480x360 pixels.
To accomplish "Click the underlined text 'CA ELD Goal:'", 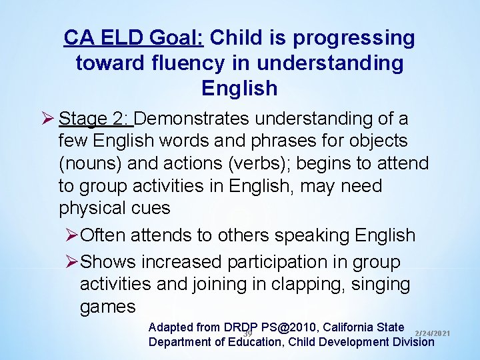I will coord(134,38).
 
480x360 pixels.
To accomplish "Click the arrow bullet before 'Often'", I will coord(71,236).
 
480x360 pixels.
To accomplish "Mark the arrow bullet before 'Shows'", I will coord(71,263).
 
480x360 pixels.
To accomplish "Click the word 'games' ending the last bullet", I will coord(108,307).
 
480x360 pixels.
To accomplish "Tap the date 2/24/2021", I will coord(433,333).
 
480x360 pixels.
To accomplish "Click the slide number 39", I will coord(247,333).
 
